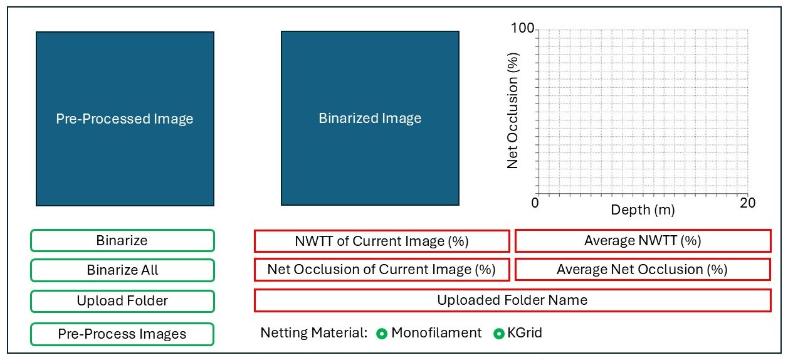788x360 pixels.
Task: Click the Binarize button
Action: (x=122, y=241)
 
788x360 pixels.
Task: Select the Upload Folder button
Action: (x=122, y=301)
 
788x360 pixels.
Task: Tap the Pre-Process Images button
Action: (x=122, y=334)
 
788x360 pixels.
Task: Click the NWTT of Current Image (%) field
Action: (x=382, y=241)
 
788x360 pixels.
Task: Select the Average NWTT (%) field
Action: (x=643, y=241)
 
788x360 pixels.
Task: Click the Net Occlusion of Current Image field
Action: (x=382, y=270)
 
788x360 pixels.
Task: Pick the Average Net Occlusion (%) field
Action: (x=643, y=270)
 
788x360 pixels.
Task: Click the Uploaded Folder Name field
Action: (x=513, y=300)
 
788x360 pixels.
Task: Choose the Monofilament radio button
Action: (x=382, y=334)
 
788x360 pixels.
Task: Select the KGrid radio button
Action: (x=499, y=334)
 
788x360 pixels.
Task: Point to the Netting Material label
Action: (x=314, y=332)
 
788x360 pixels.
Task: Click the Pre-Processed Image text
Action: (x=125, y=119)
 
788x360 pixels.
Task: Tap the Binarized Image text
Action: (x=370, y=119)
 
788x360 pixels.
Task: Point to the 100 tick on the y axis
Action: (x=522, y=28)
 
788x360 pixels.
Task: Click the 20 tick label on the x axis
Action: (x=747, y=203)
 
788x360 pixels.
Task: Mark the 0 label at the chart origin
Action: (x=535, y=203)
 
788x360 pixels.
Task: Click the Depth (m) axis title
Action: (x=643, y=209)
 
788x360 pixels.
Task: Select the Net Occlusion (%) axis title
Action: (x=513, y=110)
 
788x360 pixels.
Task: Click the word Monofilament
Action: (x=436, y=332)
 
